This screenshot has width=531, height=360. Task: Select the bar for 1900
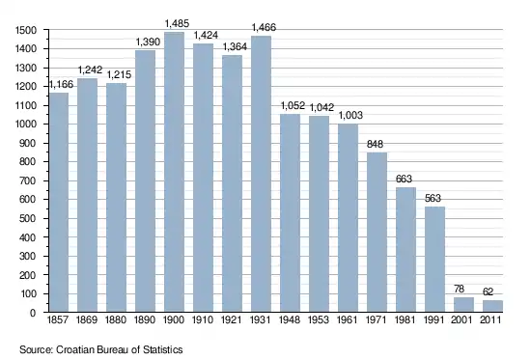pyautogui.click(x=174, y=172)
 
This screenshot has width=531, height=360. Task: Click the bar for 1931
pyautogui.click(x=261, y=174)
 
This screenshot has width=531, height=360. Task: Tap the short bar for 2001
pyautogui.click(x=463, y=304)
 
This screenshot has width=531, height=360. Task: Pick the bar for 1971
pyautogui.click(x=377, y=232)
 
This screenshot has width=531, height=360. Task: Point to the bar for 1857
pyautogui.click(x=59, y=202)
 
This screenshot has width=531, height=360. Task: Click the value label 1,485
pyautogui.click(x=177, y=23)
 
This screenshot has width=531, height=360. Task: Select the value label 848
pyautogui.click(x=375, y=144)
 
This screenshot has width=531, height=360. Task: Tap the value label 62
pyautogui.click(x=488, y=291)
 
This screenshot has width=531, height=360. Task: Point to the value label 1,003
pyautogui.click(x=350, y=115)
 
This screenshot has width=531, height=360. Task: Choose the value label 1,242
pyautogui.click(x=90, y=69)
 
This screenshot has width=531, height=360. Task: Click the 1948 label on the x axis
pyautogui.click(x=290, y=319)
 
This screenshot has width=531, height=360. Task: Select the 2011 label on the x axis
pyautogui.click(x=490, y=319)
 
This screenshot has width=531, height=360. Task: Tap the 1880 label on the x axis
pyautogui.click(x=116, y=319)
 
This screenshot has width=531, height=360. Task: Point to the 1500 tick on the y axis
pyautogui.click(x=26, y=31)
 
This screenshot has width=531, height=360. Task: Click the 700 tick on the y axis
pyautogui.click(x=28, y=180)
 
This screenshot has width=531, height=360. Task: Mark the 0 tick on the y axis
pyautogui.click(x=33, y=313)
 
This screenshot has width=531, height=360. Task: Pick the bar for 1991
pyautogui.click(x=434, y=259)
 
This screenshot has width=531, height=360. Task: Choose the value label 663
pyautogui.click(x=404, y=179)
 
